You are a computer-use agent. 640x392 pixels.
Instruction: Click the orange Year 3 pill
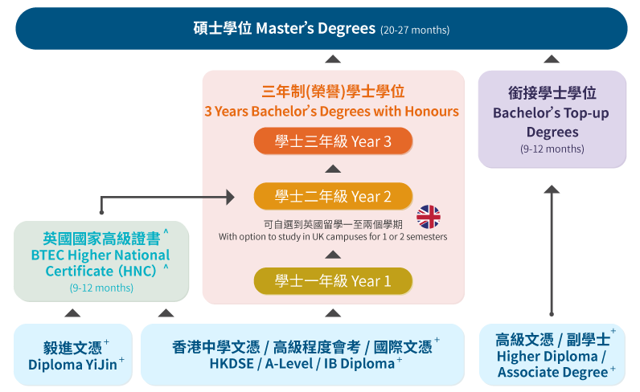333,141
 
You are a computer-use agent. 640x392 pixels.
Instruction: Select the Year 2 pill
333,196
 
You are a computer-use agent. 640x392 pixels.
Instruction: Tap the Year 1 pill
333,281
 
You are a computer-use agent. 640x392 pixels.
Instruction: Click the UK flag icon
429,217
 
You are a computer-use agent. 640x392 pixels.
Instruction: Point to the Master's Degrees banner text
285,29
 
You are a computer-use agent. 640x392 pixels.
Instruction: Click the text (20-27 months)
415,31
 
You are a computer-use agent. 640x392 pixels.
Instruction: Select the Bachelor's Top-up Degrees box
552,119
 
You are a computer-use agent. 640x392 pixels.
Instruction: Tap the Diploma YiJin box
73,354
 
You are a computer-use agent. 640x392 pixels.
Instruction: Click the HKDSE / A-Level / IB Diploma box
302,354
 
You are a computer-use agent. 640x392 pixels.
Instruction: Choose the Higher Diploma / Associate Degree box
552,354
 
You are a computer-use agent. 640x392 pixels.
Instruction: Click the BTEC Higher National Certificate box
101,261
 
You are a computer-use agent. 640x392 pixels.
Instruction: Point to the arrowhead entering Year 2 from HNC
231,198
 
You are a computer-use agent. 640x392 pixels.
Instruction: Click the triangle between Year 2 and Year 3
333,169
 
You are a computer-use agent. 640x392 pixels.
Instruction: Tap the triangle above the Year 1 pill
333,255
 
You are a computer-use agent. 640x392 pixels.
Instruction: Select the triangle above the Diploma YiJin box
72,312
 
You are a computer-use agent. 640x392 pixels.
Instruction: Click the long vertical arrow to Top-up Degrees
552,251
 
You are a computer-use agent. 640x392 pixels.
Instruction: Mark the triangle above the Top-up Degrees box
552,59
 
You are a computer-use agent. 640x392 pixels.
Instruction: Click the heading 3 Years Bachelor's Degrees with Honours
332,112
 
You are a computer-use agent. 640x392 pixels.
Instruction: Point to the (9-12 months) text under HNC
101,288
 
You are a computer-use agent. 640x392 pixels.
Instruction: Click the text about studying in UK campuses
333,237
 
